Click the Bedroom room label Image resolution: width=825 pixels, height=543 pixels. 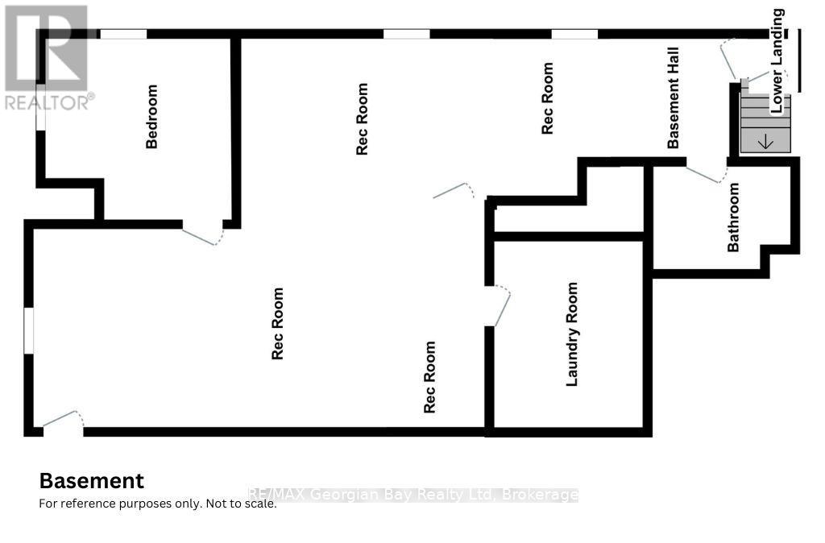coord(151,116)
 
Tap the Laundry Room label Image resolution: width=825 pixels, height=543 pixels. coord(572,334)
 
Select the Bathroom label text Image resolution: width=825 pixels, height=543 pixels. coord(733,217)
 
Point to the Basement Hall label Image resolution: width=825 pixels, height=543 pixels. coord(673,97)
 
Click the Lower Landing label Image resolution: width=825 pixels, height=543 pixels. coord(777,60)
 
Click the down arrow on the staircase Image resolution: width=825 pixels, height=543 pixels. coord(765,141)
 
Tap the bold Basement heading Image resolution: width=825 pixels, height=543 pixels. coord(92,481)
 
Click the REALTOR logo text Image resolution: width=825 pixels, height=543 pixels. coord(49,102)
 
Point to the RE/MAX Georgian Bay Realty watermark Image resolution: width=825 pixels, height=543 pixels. coord(413,495)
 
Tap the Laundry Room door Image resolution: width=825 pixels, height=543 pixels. coord(500,306)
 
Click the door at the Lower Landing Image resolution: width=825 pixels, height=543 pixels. coord(728,58)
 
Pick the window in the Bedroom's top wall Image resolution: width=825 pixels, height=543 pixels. coord(123,34)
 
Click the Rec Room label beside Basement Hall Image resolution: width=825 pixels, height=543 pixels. coord(547,97)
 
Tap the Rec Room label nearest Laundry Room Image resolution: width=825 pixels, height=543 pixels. coord(430,377)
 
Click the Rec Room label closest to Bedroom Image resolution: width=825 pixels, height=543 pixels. coord(362,119)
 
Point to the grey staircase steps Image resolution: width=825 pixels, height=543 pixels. coord(765,123)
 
